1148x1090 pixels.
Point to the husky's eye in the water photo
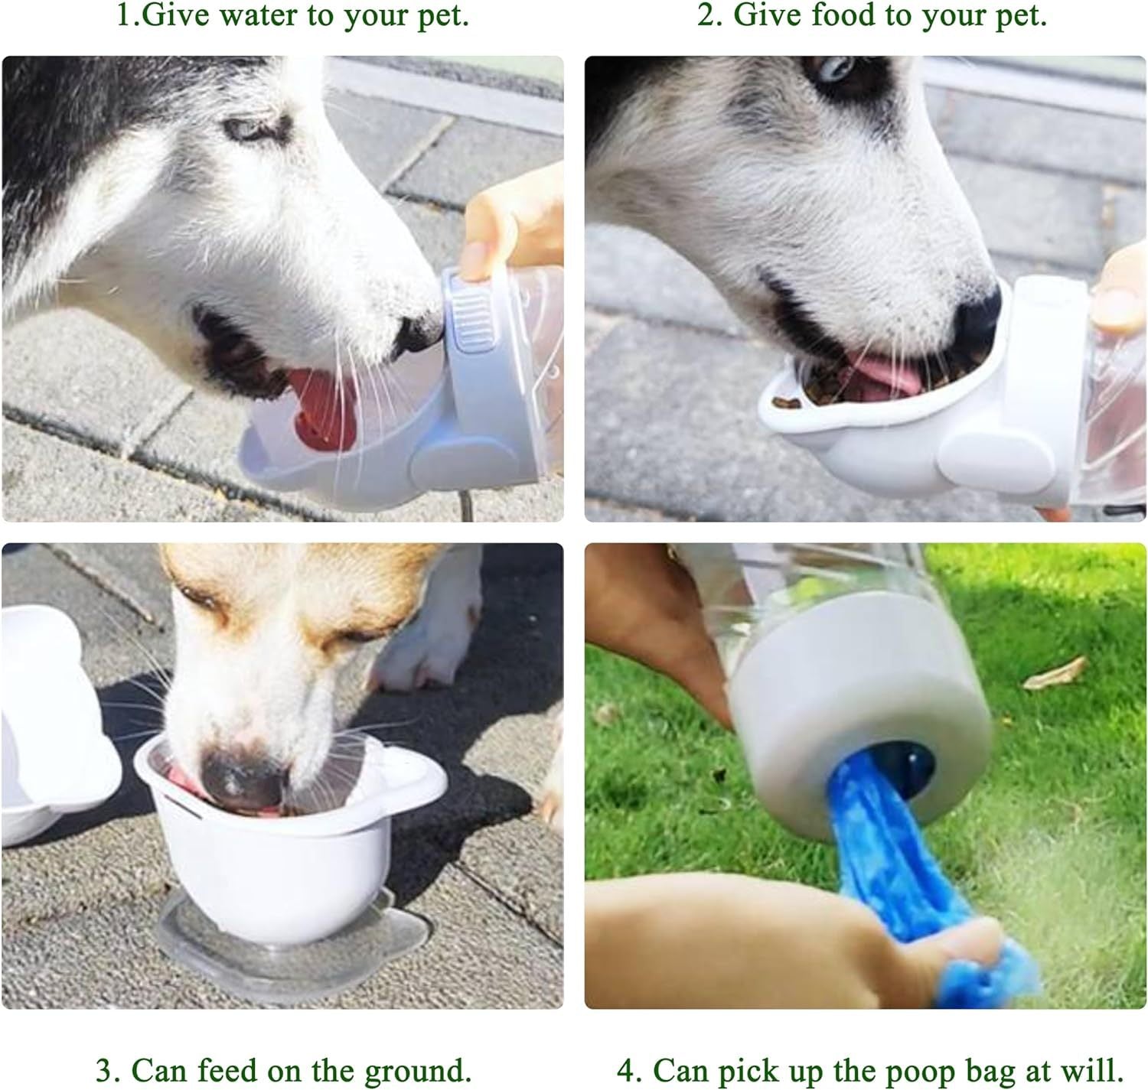click(253, 129)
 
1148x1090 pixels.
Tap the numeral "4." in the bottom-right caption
click(631, 1069)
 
